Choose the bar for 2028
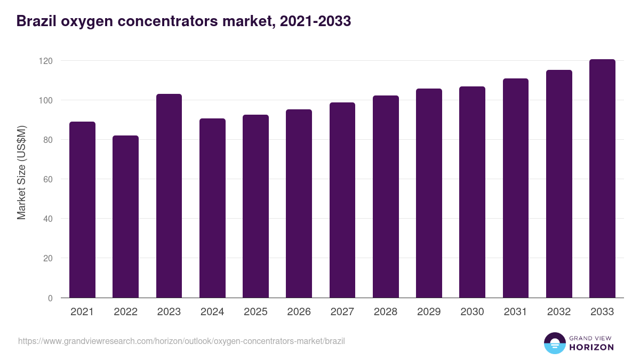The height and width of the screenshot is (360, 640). (386, 197)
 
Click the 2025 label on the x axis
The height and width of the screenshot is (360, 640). (255, 312)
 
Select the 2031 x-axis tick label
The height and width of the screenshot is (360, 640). (516, 312)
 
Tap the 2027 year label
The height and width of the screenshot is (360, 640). (342, 312)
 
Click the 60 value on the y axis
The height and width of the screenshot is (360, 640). (48, 180)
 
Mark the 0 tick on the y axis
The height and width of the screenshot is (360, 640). (50, 298)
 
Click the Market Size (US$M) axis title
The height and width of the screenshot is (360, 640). (21, 172)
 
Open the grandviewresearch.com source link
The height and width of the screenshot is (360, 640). (181, 341)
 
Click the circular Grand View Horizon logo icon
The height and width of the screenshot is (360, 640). (554, 343)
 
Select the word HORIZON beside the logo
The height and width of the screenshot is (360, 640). (591, 347)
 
